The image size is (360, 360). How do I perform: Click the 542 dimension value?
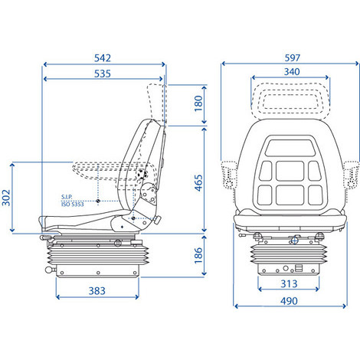click(103, 58)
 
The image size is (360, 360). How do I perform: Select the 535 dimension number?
click(103, 74)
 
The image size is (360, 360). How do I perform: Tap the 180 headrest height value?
click(198, 103)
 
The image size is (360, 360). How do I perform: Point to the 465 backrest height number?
click(198, 183)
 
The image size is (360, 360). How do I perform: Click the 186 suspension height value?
click(198, 255)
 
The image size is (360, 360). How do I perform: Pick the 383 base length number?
click(97, 291)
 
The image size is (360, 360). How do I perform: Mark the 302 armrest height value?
click(6, 198)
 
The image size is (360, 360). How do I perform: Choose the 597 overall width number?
click(293, 57)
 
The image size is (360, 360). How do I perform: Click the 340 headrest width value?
click(292, 72)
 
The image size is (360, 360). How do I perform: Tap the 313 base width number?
click(289, 283)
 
